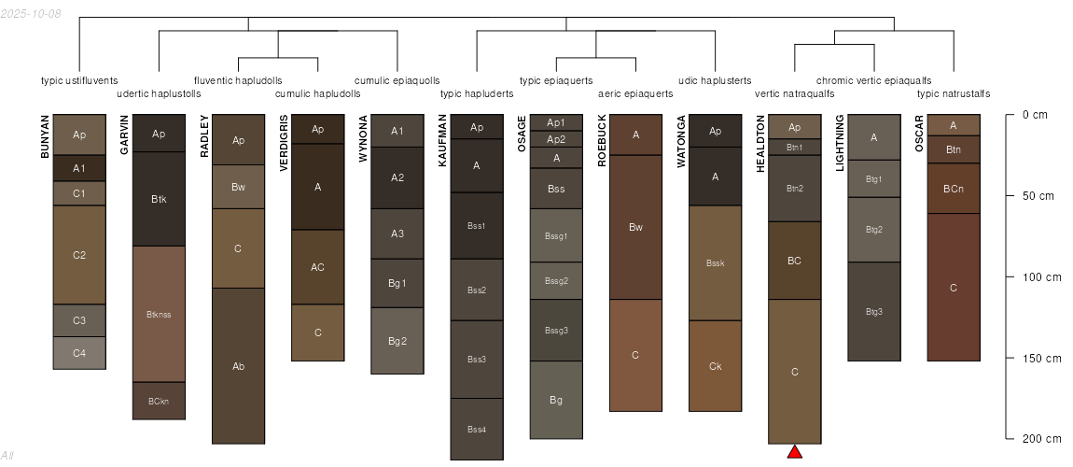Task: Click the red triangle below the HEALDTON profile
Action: [794, 451]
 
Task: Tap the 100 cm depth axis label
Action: [1042, 277]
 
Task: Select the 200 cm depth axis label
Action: [1042, 439]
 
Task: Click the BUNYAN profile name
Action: [45, 136]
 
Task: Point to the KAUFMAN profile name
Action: [443, 140]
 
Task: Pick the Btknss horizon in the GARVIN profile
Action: [159, 315]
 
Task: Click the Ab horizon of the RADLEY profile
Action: [238, 366]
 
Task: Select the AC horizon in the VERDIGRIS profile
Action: [317, 267]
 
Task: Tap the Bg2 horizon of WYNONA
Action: [397, 341]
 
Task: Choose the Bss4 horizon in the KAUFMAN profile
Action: [477, 430]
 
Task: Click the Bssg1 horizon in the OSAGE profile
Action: [556, 235]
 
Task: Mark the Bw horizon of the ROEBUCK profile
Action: [635, 227]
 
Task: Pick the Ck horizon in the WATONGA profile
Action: [715, 366]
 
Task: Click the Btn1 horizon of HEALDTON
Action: [794, 148]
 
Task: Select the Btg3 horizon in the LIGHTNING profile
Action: [874, 312]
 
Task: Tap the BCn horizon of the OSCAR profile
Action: [954, 189]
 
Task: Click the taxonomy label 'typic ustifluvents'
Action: [79, 81]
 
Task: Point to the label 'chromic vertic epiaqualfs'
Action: [874, 81]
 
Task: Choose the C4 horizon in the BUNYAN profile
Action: [79, 353]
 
